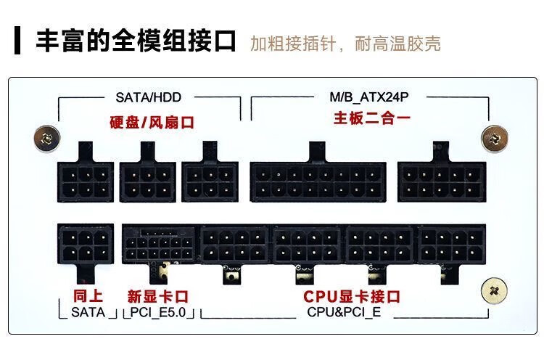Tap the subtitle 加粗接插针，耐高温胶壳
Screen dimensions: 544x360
345,43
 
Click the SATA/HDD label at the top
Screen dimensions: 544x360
148,97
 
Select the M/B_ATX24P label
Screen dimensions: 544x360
370,97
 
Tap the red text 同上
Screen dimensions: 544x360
89,296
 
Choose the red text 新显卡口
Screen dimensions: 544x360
157,296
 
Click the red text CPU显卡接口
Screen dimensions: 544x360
351,296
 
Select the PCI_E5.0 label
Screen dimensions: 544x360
158,313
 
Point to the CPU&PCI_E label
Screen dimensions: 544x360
344,313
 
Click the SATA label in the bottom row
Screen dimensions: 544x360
88,313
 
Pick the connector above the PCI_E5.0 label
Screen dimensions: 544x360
158,245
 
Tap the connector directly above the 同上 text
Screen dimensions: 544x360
86,245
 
